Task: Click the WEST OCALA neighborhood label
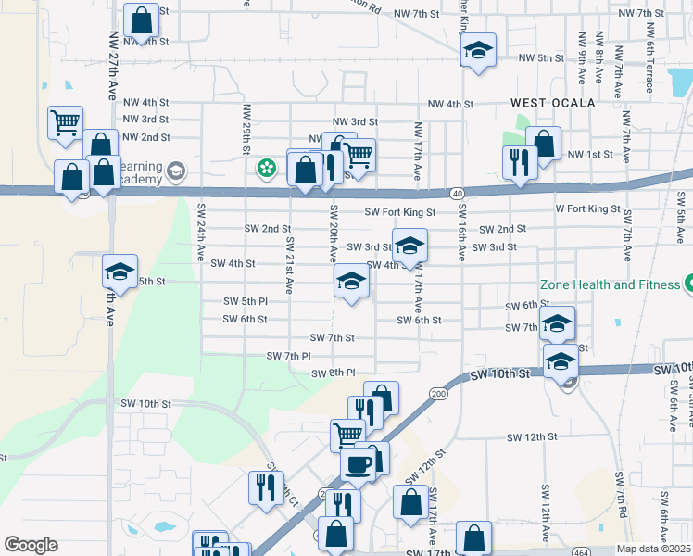pyautogui.click(x=552, y=103)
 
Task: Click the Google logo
pyautogui.click(x=31, y=545)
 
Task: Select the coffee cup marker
pyautogui.click(x=358, y=464)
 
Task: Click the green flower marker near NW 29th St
pyautogui.click(x=267, y=168)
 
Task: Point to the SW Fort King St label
pyautogui.click(x=399, y=212)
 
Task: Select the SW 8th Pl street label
pyautogui.click(x=334, y=373)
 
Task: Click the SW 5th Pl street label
pyautogui.click(x=246, y=301)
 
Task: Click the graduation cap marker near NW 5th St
pyautogui.click(x=478, y=50)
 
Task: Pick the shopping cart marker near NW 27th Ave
pyautogui.click(x=65, y=122)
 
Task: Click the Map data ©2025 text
pyautogui.click(x=654, y=549)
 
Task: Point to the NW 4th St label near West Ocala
pyautogui.click(x=450, y=105)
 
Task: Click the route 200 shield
pyautogui.click(x=437, y=394)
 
